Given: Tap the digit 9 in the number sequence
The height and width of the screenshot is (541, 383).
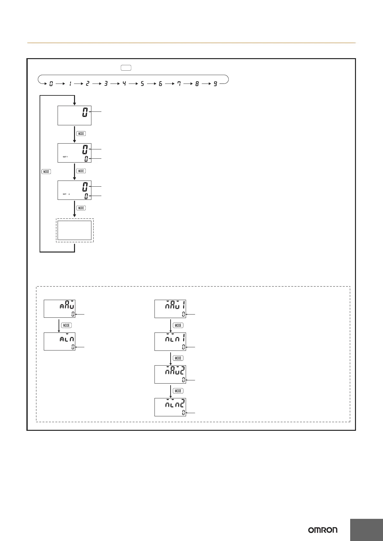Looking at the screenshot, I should [x=215, y=84].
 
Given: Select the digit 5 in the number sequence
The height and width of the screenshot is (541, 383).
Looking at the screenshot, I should [x=142, y=84].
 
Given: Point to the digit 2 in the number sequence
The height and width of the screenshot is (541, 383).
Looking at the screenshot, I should [x=87, y=84].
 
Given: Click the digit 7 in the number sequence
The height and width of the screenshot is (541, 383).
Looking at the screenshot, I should [x=179, y=84].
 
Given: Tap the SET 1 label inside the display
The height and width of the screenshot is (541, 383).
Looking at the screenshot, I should [x=65, y=157].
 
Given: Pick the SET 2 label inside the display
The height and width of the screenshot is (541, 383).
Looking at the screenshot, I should [x=66, y=194].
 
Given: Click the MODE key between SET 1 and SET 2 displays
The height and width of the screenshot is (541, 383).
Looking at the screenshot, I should [x=81, y=171].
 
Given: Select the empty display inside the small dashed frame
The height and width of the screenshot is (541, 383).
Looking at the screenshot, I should [x=75, y=230].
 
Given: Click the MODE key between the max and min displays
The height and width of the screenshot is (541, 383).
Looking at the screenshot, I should [x=66, y=325].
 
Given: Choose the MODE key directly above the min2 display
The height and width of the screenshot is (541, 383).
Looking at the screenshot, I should [x=178, y=391].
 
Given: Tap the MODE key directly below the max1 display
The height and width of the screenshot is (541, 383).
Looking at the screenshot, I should [x=178, y=325].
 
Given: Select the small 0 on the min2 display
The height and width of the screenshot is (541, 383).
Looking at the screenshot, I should [x=183, y=412].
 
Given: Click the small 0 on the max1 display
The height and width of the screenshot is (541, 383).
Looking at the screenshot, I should [x=183, y=314].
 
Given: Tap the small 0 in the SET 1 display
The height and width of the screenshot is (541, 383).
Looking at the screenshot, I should [x=86, y=159].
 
